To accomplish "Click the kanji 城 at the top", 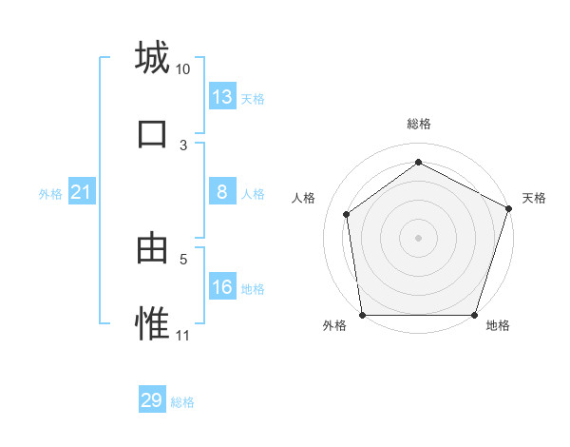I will click(152, 58).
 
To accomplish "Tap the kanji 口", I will click(152, 134).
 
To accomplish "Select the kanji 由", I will click(152, 249).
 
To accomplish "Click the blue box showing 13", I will click(222, 97).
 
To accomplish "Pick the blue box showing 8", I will click(222, 192).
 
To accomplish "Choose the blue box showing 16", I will click(222, 287).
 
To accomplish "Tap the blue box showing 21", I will click(81, 193).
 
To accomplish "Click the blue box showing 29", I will click(152, 400).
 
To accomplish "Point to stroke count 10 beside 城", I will click(183, 69).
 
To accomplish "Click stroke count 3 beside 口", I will click(183, 145).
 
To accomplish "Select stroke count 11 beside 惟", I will click(183, 336).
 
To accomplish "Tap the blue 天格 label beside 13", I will click(253, 99).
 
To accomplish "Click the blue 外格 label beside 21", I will click(50, 194).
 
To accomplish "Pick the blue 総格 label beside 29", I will click(182, 402).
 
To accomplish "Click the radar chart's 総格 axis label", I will click(418, 124).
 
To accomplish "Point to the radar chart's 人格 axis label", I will click(303, 198).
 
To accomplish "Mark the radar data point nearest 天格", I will click(508, 208).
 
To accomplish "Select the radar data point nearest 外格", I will click(362, 315).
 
